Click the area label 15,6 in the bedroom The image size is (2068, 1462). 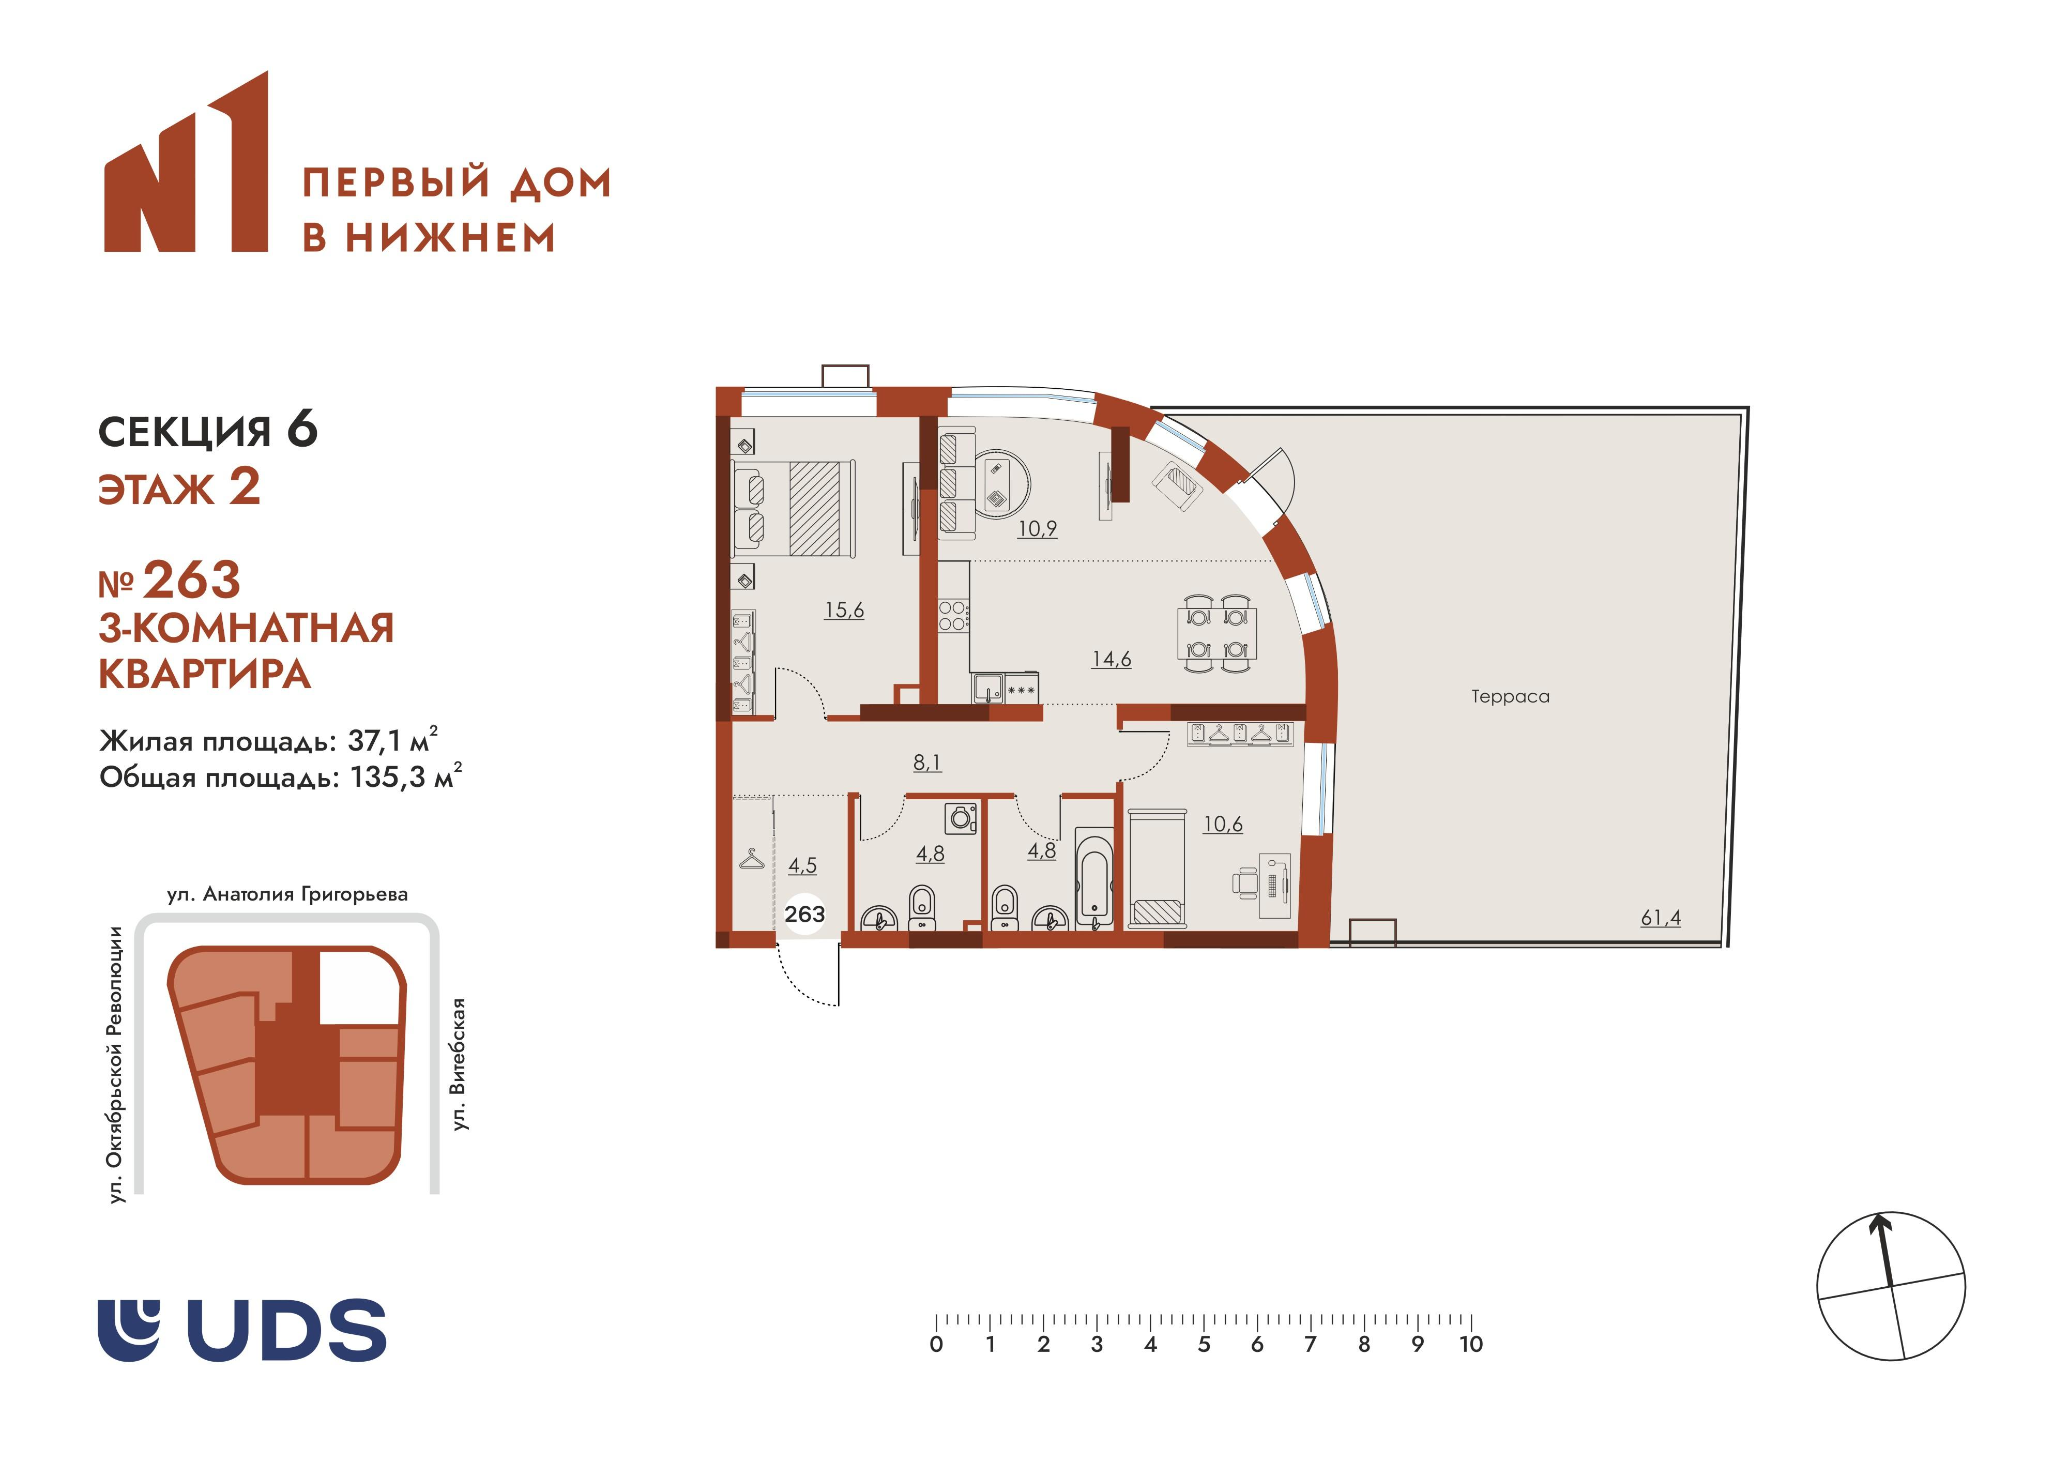pos(844,610)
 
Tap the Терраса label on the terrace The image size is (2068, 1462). pos(1511,696)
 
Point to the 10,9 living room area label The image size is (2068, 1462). pos(1037,529)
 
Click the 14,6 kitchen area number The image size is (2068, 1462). pos(1112,659)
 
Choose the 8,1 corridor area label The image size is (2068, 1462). pos(927,762)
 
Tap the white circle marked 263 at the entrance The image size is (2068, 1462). pos(804,915)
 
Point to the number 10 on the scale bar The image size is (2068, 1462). pos(1471,1344)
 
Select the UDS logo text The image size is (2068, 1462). pos(286,1330)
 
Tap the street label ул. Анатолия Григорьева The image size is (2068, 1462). pos(287,894)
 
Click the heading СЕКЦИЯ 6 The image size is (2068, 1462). pos(207,432)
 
